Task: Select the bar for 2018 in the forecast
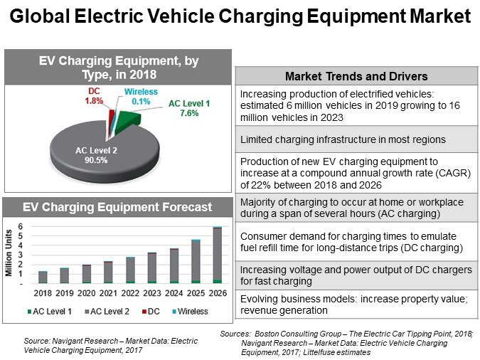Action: [x=43, y=277]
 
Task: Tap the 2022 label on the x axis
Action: [x=129, y=292]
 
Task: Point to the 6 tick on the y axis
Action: [x=22, y=227]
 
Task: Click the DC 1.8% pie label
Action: [x=94, y=96]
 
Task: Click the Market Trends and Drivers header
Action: [x=356, y=76]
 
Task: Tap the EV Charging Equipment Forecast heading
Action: [x=117, y=208]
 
